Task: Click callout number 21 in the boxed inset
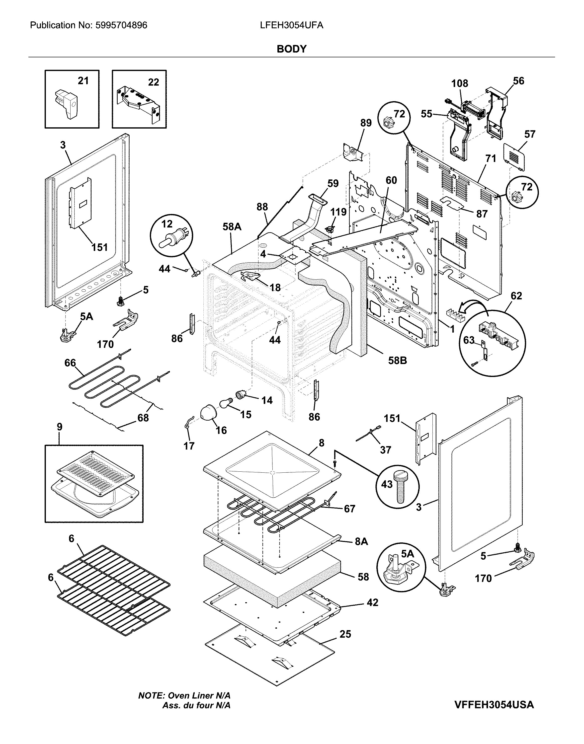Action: pos(83,81)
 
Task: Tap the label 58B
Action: pos(397,360)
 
